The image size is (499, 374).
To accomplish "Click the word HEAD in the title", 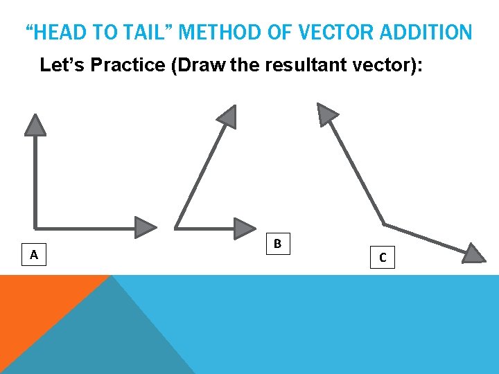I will [x=58, y=32].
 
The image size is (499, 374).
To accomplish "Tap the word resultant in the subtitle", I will [x=290, y=66].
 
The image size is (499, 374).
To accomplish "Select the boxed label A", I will [x=33, y=255].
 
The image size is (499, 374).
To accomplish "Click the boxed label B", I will [x=277, y=244].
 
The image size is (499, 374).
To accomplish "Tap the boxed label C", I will [x=383, y=258].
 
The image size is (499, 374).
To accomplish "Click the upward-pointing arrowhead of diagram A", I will [x=35, y=125].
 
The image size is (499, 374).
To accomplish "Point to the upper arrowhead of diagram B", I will [x=227, y=116].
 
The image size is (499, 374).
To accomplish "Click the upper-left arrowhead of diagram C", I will [x=326, y=114].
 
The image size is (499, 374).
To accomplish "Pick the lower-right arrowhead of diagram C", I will [x=473, y=253].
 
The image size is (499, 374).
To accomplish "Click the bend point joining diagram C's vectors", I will [x=385, y=224].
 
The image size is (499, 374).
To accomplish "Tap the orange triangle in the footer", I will [x=42, y=305].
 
